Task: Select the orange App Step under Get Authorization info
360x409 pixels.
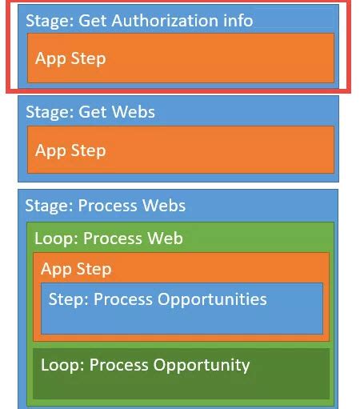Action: click(180, 58)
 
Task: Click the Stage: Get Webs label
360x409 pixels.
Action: click(90, 112)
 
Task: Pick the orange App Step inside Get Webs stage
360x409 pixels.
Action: click(180, 150)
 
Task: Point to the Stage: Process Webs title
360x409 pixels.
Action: click(106, 206)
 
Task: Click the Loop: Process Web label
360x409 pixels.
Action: click(109, 239)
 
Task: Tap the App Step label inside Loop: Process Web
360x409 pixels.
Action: click(76, 269)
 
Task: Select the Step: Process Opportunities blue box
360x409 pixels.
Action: click(182, 307)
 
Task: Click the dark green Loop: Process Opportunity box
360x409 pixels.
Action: click(181, 372)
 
